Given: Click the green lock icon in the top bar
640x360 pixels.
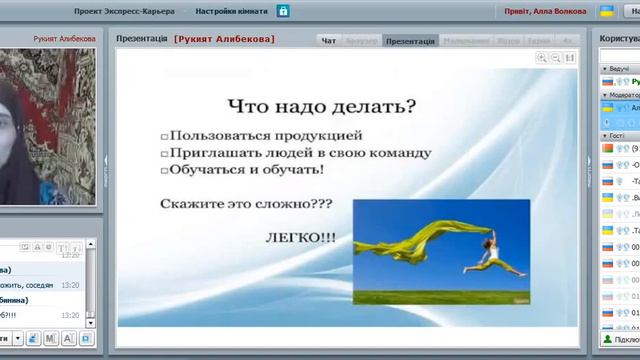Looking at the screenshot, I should (284, 11).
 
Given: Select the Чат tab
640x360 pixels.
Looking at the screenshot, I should (329, 41).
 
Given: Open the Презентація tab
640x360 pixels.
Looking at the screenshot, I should (410, 41).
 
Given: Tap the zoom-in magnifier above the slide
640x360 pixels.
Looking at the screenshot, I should (541, 59).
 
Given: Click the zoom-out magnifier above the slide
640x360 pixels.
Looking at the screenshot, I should (555, 59).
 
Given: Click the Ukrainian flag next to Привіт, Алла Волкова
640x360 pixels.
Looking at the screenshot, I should (606, 11).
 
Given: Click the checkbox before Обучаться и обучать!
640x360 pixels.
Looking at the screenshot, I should (165, 170).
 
